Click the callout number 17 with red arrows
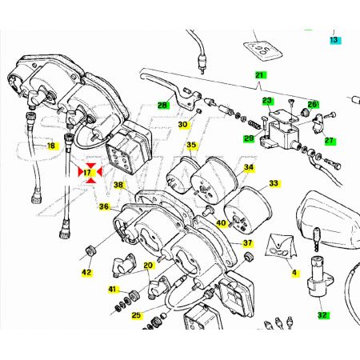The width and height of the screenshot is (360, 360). tap(87, 173)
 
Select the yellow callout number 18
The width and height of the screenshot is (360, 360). tap(51, 146)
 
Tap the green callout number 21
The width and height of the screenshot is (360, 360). tap(260, 75)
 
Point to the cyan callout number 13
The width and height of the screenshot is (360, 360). tap(334, 40)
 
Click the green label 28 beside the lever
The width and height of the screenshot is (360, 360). tap(162, 105)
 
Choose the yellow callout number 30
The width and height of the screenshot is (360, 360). tap(183, 125)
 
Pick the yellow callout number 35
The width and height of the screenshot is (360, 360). tap(191, 145)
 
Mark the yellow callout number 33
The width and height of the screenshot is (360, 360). tap(274, 183)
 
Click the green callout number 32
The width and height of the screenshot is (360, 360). tap(322, 315)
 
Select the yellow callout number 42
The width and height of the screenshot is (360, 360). tap(86, 272)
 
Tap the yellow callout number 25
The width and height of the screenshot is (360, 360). tap(136, 315)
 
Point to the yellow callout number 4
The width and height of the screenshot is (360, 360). tap(294, 273)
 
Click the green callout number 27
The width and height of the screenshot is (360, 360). tap(329, 141)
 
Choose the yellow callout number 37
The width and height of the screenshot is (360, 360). tap(248, 243)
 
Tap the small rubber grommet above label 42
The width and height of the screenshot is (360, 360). tap(90, 251)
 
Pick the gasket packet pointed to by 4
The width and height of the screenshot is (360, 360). tap(282, 246)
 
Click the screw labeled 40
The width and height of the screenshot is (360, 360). tap(208, 211)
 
